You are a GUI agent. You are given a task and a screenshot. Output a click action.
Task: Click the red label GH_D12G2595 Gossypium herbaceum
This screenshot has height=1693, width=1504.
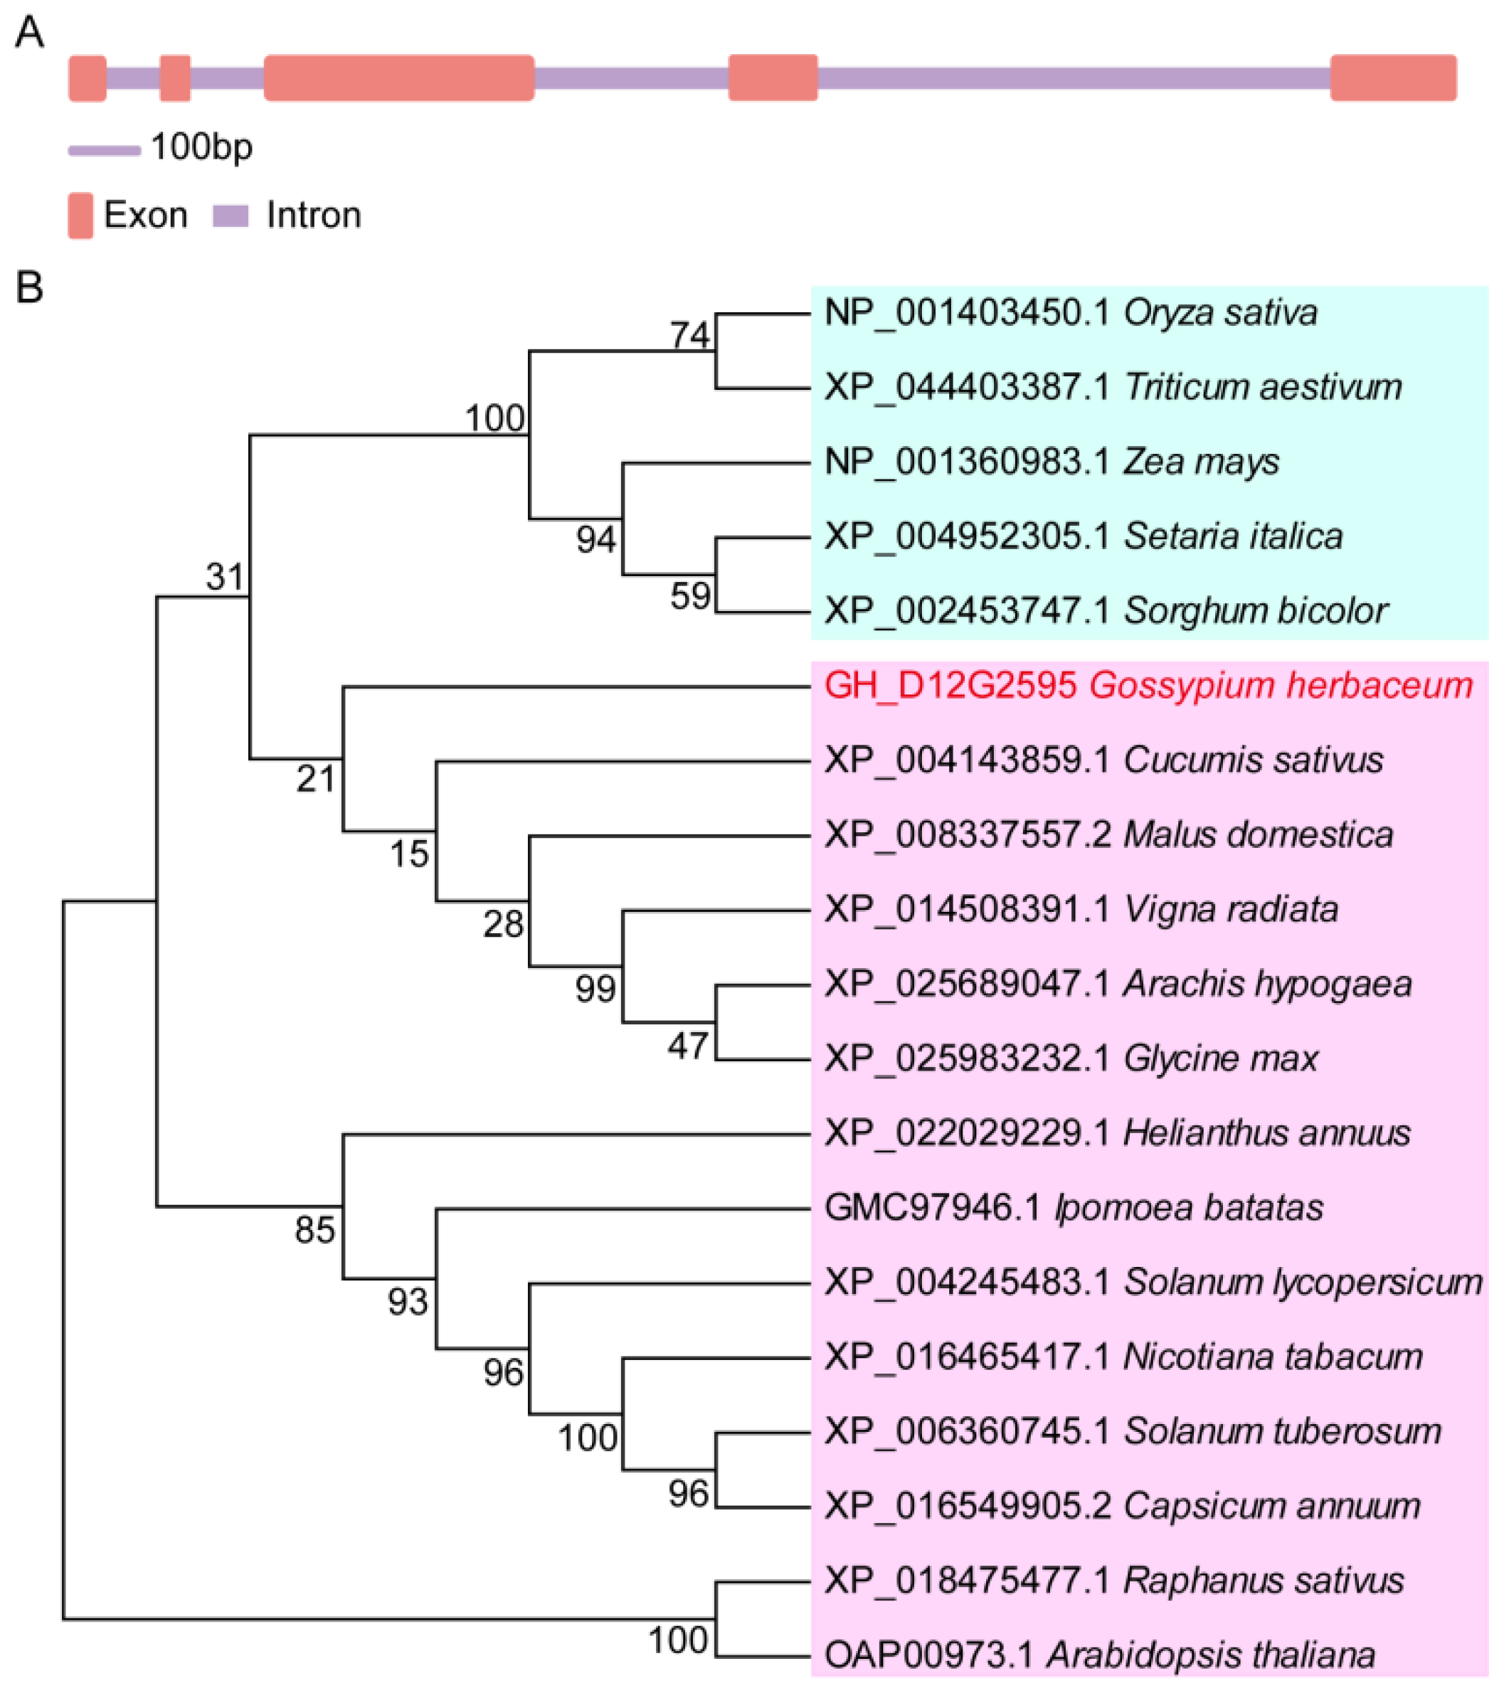coord(1148,686)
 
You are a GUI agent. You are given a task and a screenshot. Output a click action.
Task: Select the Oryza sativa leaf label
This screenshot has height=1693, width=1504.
coord(1070,313)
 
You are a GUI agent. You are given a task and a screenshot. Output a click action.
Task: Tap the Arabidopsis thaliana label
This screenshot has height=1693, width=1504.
coord(1100,1655)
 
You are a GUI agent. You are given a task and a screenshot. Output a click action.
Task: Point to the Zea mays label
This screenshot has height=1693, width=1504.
coord(1052,462)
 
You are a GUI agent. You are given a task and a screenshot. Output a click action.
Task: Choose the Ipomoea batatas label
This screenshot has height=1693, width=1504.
coord(1074,1208)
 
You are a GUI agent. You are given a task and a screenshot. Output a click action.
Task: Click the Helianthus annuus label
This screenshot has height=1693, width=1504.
coord(1117,1133)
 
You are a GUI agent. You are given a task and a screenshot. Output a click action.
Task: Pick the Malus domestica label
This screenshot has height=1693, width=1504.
coord(1108,834)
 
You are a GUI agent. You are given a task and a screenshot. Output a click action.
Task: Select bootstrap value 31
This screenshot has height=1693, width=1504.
coord(226,576)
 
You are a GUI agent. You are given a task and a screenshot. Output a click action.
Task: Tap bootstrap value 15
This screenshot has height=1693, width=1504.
coord(409,854)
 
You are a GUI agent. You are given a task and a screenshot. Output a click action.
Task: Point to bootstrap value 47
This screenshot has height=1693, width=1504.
coord(688,1046)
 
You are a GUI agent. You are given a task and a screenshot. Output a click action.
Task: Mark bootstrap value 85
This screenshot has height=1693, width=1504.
coord(314,1230)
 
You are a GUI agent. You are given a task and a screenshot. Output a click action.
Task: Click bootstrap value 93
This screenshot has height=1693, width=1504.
coord(408,1302)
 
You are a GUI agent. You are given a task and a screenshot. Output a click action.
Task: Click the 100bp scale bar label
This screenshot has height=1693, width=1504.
coord(201,147)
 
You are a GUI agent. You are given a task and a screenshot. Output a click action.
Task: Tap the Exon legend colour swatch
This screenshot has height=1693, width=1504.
coord(80,216)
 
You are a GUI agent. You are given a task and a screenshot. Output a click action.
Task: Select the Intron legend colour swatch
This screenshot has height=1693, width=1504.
coord(231,216)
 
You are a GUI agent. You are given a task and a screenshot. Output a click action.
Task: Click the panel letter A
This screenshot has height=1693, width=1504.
coord(29,33)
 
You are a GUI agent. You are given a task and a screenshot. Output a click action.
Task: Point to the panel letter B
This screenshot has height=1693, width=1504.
coord(29,287)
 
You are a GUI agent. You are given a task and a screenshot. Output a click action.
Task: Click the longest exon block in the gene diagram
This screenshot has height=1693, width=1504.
coord(398,78)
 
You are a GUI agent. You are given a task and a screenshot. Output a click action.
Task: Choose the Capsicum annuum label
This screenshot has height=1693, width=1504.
coord(1122,1506)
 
